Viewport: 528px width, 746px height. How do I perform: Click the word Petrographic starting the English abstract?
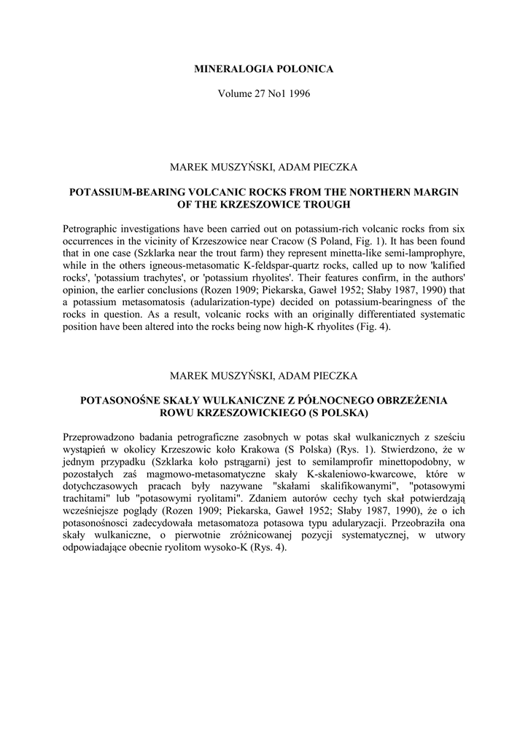[92, 229]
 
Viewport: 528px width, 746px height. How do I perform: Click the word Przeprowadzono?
[99, 438]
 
